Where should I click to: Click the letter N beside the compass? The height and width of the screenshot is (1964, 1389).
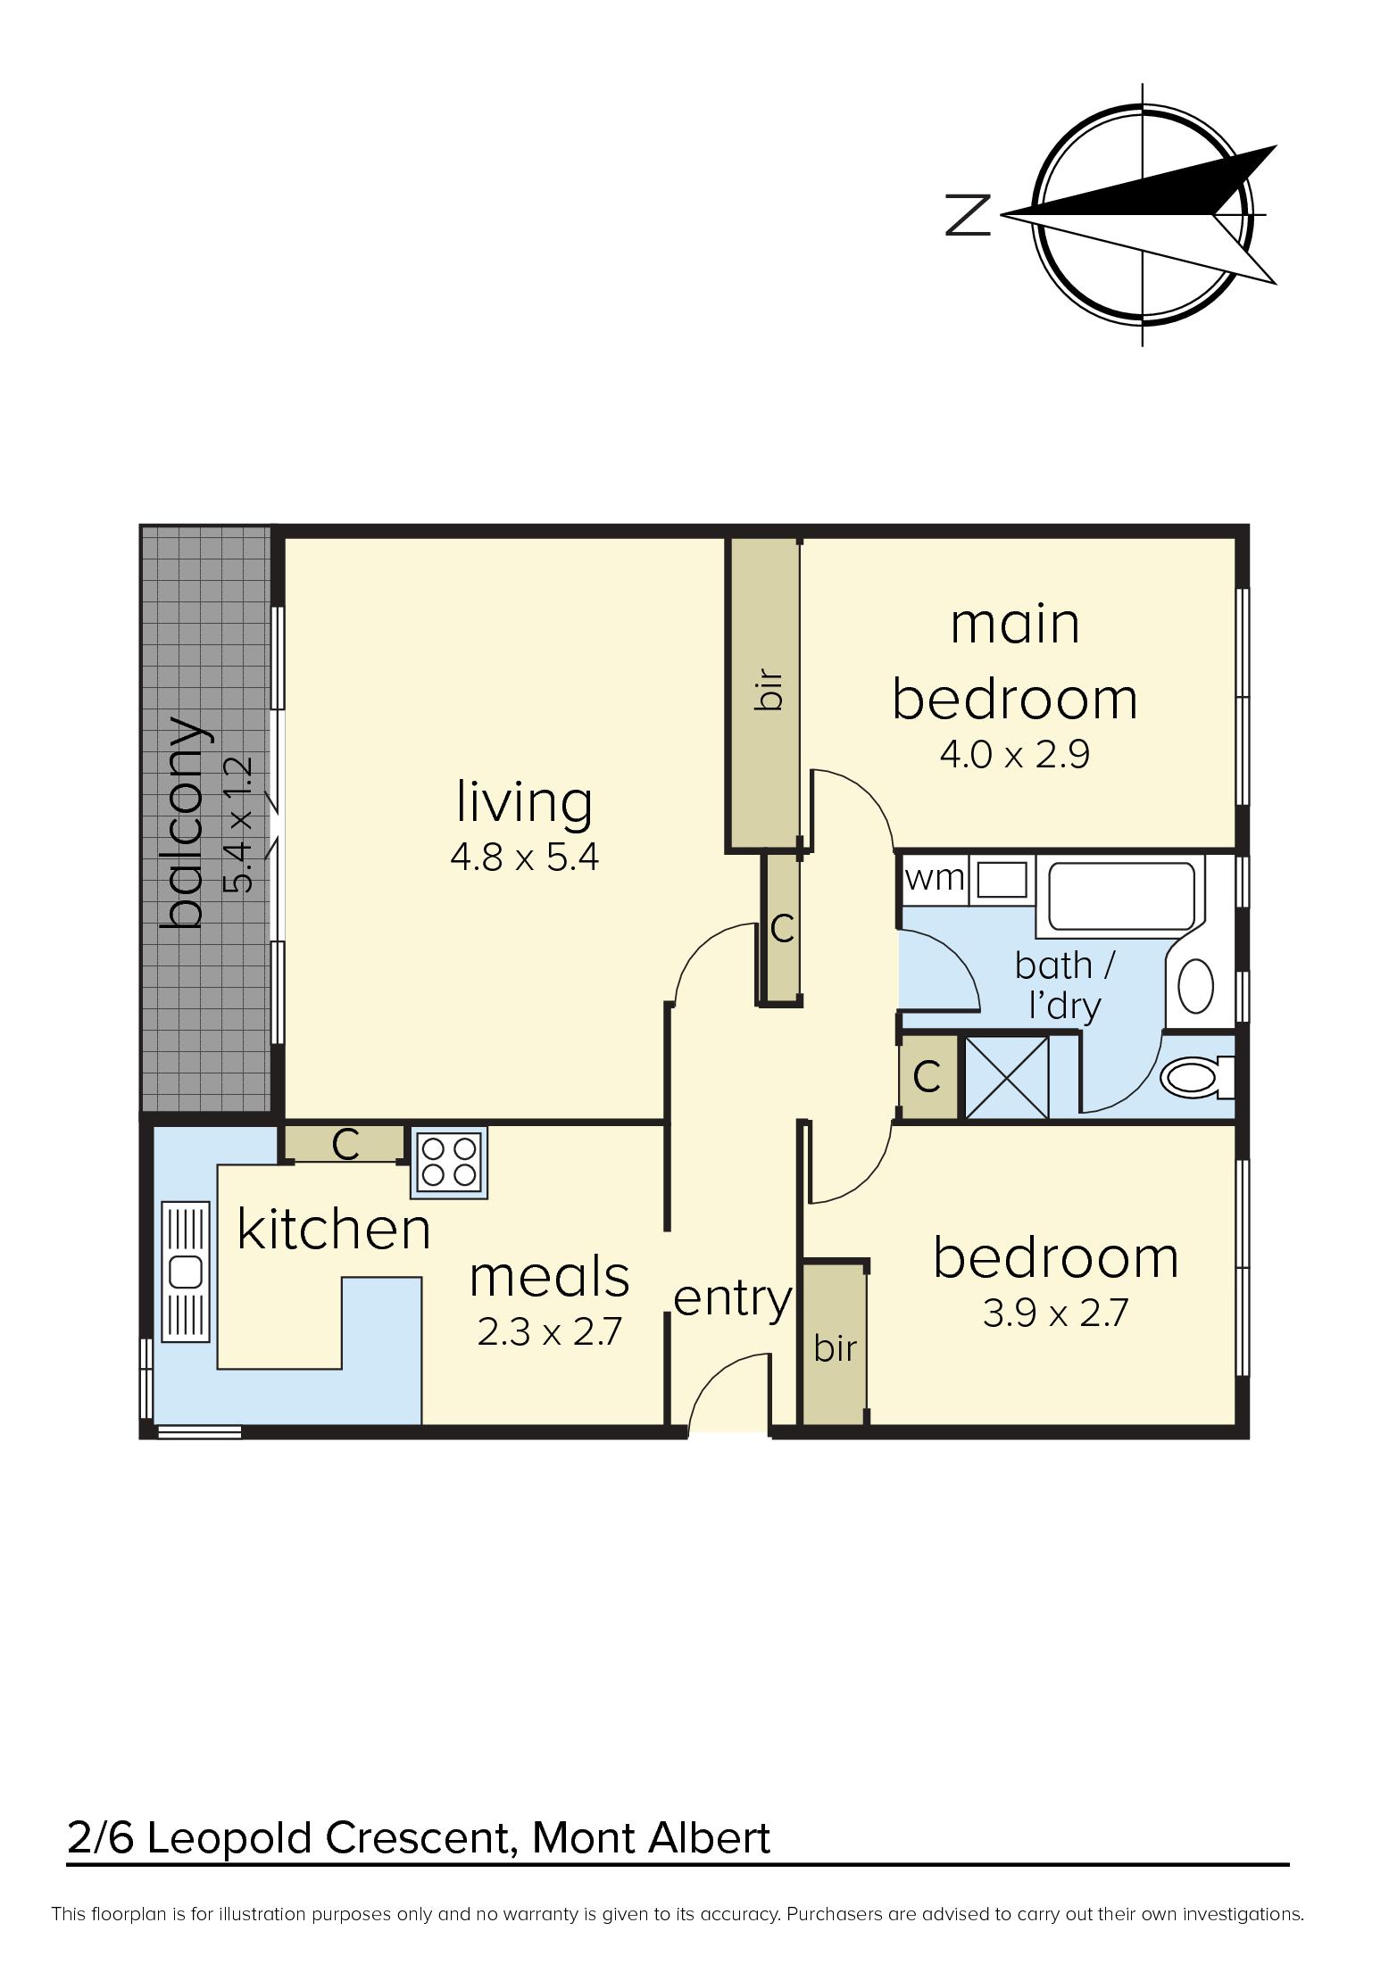pyautogui.click(x=969, y=215)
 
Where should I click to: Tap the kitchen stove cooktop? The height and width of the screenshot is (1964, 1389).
pyautogui.click(x=449, y=1162)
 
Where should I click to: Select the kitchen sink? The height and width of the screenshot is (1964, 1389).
pyautogui.click(x=186, y=1271)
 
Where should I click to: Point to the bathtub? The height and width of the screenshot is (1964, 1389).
pyautogui.click(x=1119, y=894)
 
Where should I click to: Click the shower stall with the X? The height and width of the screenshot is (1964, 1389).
pyautogui.click(x=1006, y=1076)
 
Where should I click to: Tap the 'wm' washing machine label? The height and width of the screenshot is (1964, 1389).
pyautogui.click(x=934, y=878)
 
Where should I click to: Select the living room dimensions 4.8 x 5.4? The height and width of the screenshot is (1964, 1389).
pyautogui.click(x=524, y=858)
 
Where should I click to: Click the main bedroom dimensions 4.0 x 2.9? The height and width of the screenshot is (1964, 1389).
pyautogui.click(x=1015, y=756)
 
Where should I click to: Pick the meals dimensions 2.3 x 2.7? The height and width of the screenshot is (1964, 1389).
pyautogui.click(x=549, y=1333)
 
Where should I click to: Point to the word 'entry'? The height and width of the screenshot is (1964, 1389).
pyautogui.click(x=732, y=1299)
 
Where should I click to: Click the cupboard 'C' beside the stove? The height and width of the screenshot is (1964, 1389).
pyautogui.click(x=345, y=1144)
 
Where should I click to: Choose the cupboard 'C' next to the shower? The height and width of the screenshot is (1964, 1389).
pyautogui.click(x=927, y=1077)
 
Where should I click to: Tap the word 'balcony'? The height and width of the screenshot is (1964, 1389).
pyautogui.click(x=187, y=821)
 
